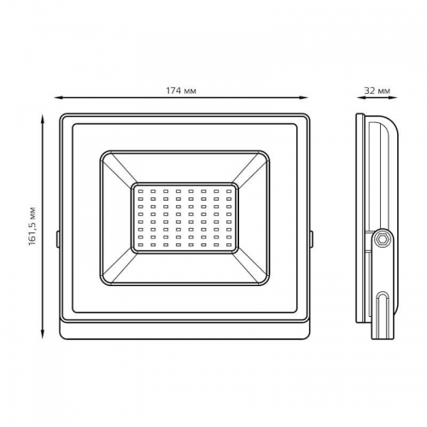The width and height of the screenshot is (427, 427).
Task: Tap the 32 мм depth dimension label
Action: [x=377, y=90]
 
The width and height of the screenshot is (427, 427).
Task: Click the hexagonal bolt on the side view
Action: [x=382, y=240]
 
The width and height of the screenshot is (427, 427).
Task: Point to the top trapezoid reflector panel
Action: [x=184, y=166]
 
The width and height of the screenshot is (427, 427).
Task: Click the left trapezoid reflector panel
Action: [x=117, y=219]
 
